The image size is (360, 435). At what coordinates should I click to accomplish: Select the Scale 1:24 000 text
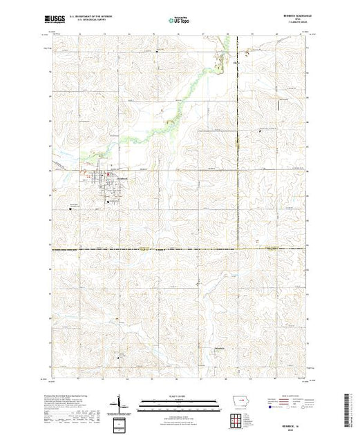[180, 395]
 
